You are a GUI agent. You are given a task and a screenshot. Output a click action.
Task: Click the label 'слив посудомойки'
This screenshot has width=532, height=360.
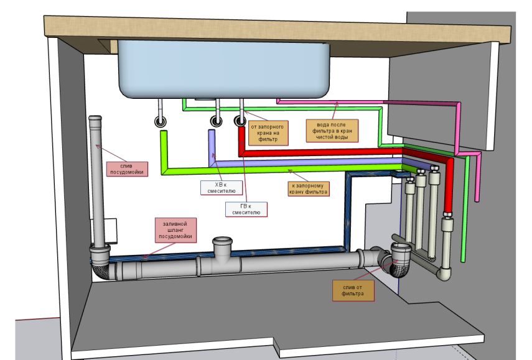click(127, 168)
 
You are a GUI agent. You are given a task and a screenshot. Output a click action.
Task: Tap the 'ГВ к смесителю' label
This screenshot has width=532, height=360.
click(246, 209)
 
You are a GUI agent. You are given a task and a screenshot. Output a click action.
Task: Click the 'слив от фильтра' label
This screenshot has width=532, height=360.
click(353, 290)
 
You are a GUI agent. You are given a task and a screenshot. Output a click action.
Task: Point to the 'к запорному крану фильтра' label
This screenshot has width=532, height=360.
click(309, 188)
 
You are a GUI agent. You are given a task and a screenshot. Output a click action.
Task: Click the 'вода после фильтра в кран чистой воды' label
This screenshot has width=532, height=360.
click(332, 131)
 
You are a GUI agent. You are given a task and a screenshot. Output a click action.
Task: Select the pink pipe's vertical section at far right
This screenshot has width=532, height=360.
click(477, 177)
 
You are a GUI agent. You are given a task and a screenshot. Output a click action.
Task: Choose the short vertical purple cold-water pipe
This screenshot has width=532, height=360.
click(212, 147)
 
